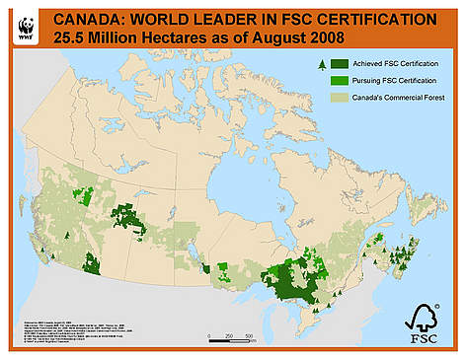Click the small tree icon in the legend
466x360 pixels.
[x=321, y=64]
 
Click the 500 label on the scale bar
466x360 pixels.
[x=250, y=335]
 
